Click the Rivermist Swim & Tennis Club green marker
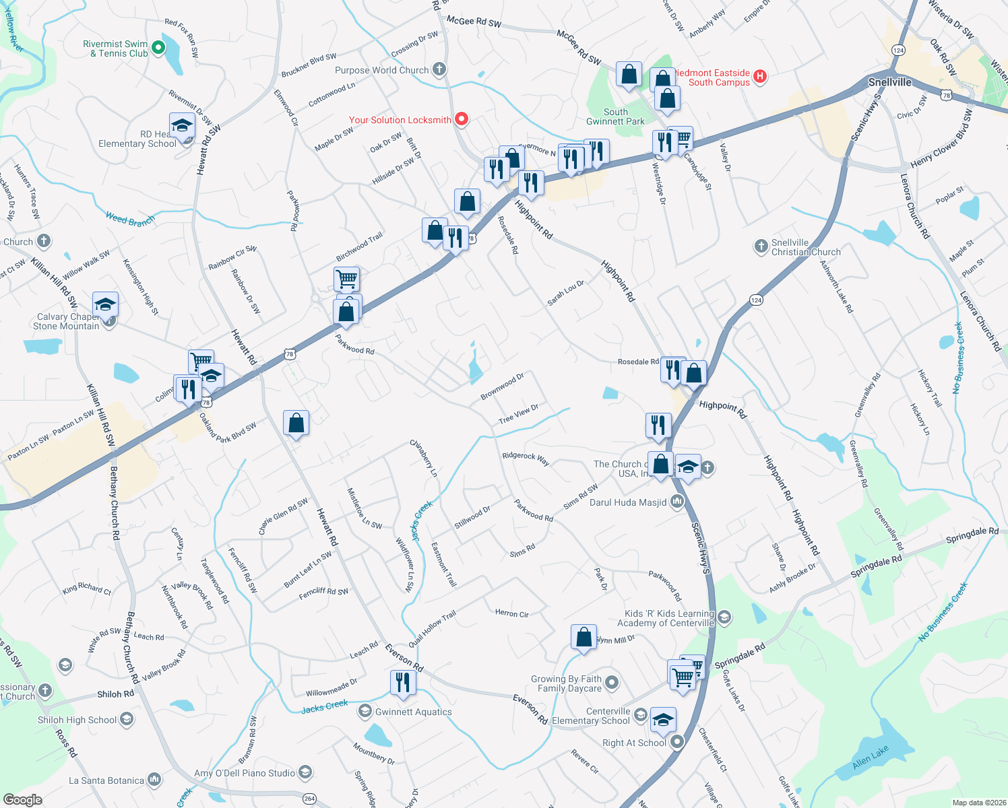pos(158,48)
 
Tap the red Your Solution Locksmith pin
pos(462,120)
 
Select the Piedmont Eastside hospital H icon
pos(760,77)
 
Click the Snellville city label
pos(889,82)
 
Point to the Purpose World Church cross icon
pos(439,69)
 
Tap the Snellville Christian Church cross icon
pos(761,246)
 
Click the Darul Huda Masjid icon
pos(677,502)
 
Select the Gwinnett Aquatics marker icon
pos(365,711)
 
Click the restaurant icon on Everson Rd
pos(402,682)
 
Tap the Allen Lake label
pos(870,757)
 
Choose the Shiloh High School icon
pos(127,719)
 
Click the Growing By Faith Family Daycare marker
pos(612,683)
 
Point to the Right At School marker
pos(677,742)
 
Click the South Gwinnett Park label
pos(615,116)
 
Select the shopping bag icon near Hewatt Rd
pos(296,423)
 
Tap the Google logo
pos(22,800)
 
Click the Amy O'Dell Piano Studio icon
pos(305,772)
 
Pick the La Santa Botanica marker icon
pos(154,780)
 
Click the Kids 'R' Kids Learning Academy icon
pos(724,617)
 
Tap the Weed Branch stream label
pos(130,219)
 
